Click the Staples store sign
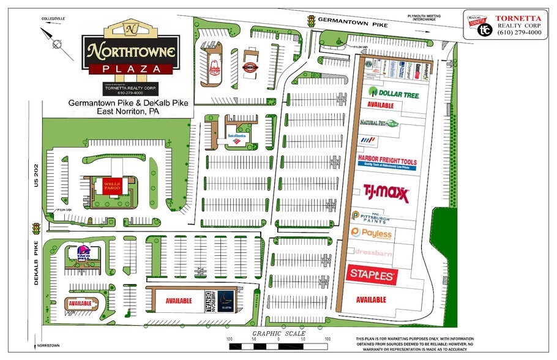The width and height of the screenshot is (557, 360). point(370,276)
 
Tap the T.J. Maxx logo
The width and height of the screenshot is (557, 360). point(386,193)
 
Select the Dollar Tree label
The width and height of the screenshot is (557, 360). point(393,92)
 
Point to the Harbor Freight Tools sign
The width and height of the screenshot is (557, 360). point(387,162)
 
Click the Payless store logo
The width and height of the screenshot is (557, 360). point(372,233)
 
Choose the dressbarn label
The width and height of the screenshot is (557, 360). point(373,252)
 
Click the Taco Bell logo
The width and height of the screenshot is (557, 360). point(84,252)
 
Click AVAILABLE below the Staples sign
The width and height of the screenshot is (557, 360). point(370,300)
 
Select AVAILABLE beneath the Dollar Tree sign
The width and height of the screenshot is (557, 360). point(381,105)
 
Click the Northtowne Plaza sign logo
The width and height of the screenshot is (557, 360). point(131,50)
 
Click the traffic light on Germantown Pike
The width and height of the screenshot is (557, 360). point(311,21)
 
